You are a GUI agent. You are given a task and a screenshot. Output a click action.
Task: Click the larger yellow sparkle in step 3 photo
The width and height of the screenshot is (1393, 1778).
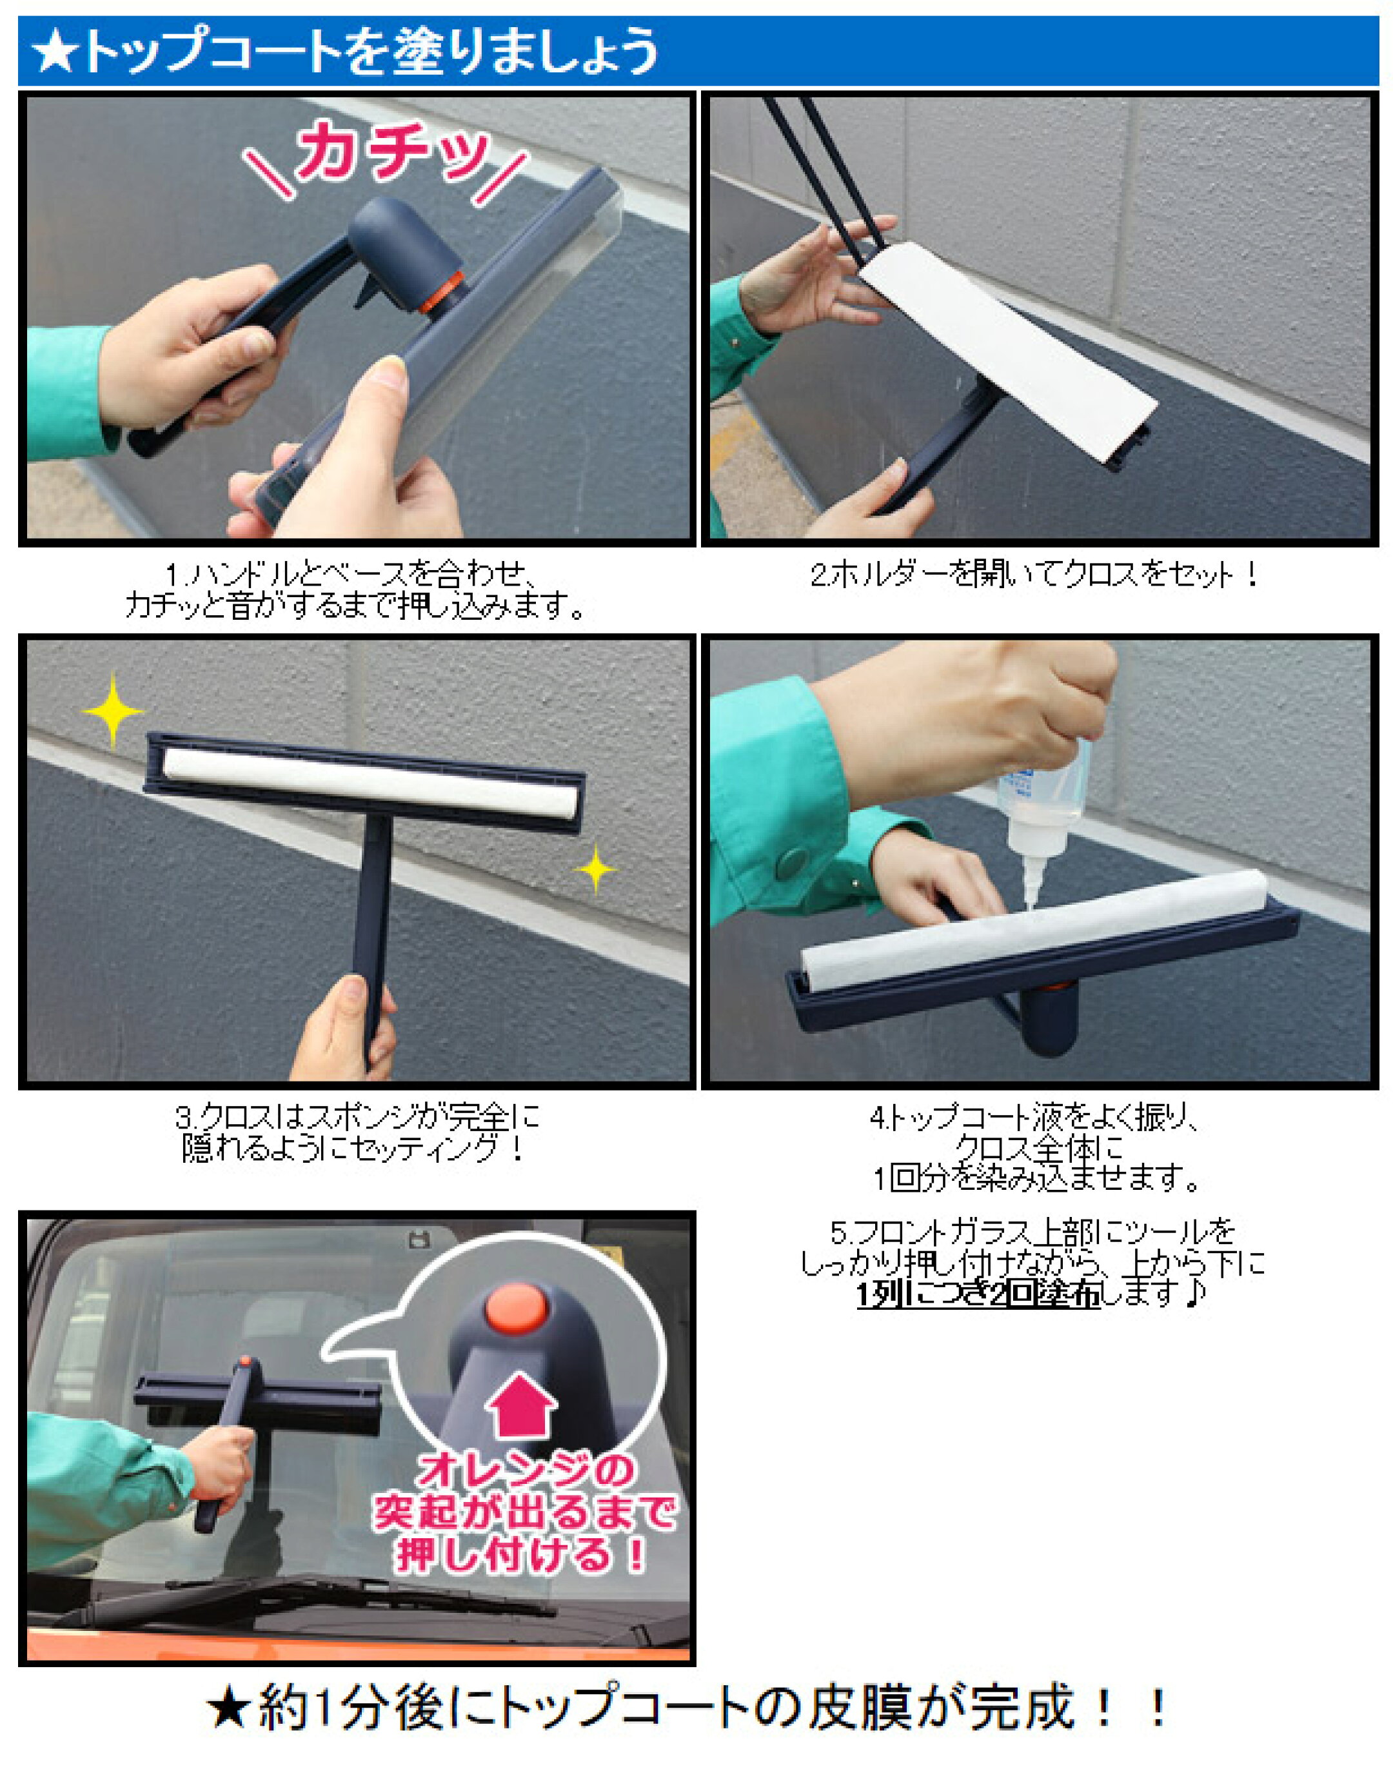coord(113,709)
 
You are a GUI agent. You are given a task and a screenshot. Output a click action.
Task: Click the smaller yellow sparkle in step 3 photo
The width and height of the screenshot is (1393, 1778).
coord(596,869)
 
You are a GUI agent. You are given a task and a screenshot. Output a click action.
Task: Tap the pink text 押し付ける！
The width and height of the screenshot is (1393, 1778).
coord(522,1553)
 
